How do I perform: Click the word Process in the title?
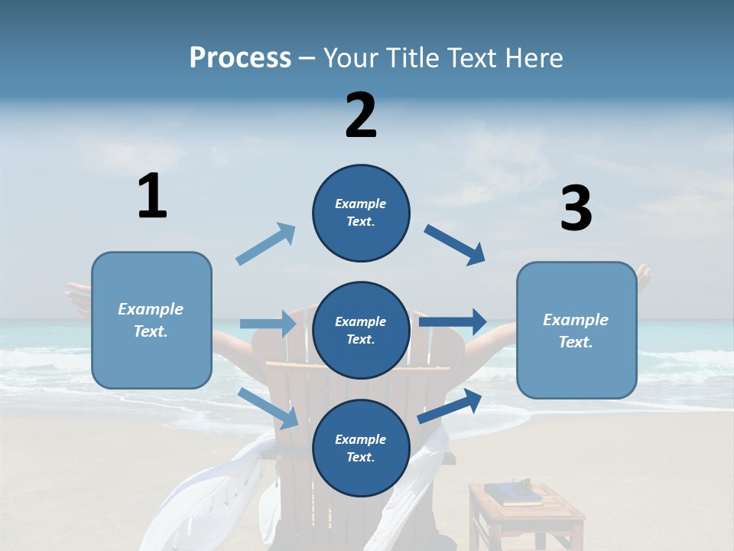tap(240, 58)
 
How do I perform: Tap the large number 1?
tap(152, 196)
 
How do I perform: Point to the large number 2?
tap(361, 116)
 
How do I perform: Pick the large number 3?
tap(576, 209)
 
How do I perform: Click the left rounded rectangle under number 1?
tap(151, 320)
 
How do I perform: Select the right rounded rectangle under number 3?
tap(576, 331)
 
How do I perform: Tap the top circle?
tap(361, 213)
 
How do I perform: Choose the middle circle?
tap(361, 331)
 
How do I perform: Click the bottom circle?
tap(361, 448)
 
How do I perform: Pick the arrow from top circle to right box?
tap(455, 245)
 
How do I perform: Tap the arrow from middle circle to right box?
tap(453, 321)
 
